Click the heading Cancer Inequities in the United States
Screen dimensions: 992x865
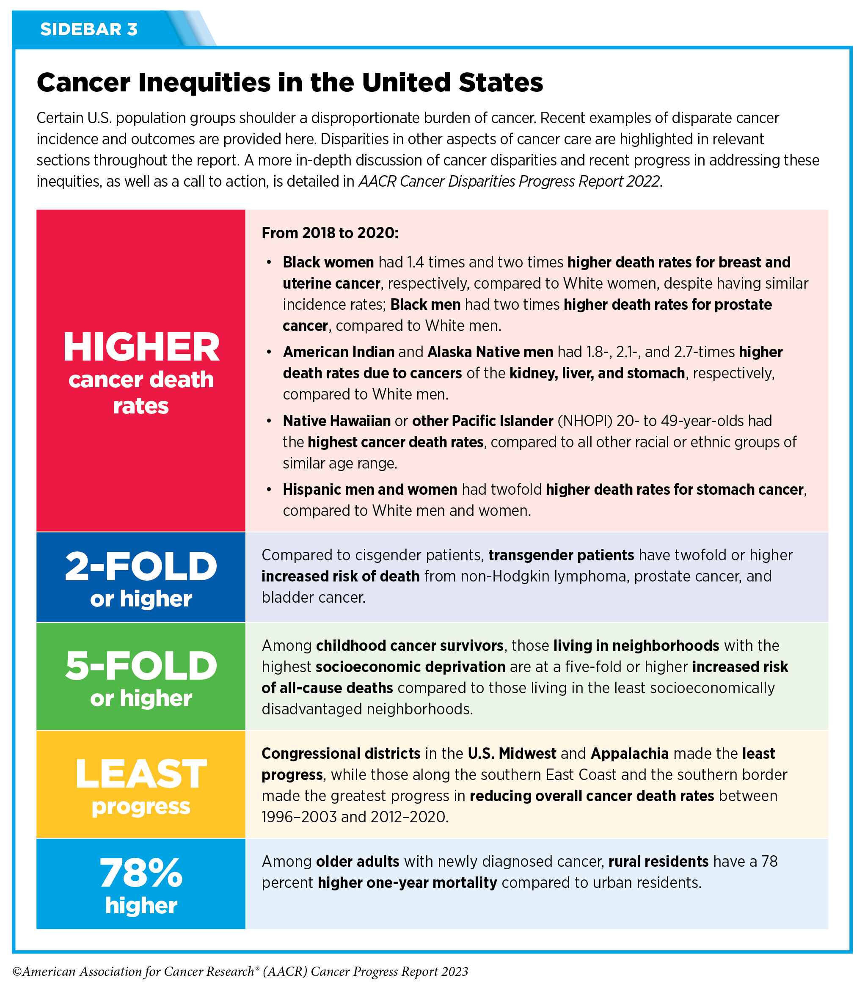pyautogui.click(x=289, y=83)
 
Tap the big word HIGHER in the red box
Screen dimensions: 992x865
pyautogui.click(x=141, y=347)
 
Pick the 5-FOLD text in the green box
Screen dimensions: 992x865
pyautogui.click(x=141, y=666)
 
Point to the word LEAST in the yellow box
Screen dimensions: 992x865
pyautogui.click(x=141, y=774)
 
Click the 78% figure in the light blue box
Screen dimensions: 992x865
pyautogui.click(x=141, y=873)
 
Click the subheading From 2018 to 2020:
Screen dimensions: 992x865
pyautogui.click(x=330, y=233)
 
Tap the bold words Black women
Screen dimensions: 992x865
pyautogui.click(x=328, y=262)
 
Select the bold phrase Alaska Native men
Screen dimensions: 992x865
pyautogui.click(x=490, y=352)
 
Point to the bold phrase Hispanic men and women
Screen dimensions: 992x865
pyautogui.click(x=370, y=490)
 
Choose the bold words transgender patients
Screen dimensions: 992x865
pyautogui.click(x=561, y=555)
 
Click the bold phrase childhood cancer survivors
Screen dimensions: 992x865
pyautogui.click(x=410, y=645)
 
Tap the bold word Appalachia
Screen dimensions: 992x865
pyautogui.click(x=629, y=754)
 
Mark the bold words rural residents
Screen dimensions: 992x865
pyautogui.click(x=658, y=861)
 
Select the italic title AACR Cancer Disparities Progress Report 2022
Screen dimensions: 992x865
pyautogui.click(x=509, y=182)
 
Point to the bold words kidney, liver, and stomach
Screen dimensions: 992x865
pyautogui.click(x=597, y=373)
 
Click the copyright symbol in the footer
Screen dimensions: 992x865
pyautogui.click(x=17, y=972)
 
